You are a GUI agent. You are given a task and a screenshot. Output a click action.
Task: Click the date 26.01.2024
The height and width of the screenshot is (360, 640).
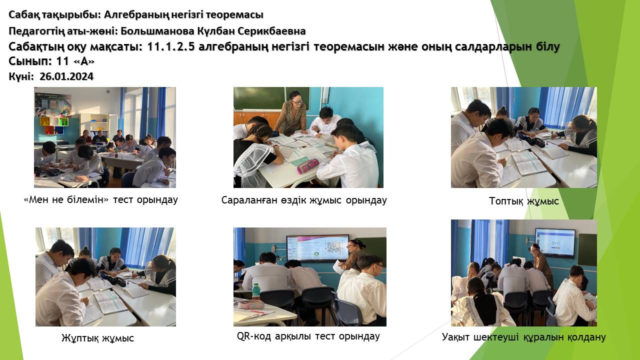(x=66, y=76)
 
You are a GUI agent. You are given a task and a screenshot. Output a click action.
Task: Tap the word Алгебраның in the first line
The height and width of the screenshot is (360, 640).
(x=136, y=14)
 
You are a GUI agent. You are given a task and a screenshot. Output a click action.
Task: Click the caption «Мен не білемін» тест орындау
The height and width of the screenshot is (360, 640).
(x=100, y=199)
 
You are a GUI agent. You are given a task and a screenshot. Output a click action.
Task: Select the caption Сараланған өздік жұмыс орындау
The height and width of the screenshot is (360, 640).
(x=304, y=200)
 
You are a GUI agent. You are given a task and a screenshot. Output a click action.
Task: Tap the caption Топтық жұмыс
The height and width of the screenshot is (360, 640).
(x=523, y=201)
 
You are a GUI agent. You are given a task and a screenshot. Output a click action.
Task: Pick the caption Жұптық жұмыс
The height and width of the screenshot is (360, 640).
(x=97, y=338)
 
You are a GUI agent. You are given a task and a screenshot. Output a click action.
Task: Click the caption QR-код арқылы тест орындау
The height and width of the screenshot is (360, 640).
(x=308, y=336)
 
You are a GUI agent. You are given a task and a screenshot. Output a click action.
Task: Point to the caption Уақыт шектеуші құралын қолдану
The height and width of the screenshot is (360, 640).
(x=523, y=337)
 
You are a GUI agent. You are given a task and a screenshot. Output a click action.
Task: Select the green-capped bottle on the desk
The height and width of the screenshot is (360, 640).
(x=255, y=291)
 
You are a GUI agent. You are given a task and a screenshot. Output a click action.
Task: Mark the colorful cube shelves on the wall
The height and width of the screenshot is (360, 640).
(x=54, y=125)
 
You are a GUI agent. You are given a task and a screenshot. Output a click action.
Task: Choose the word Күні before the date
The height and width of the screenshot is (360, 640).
(x=21, y=76)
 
